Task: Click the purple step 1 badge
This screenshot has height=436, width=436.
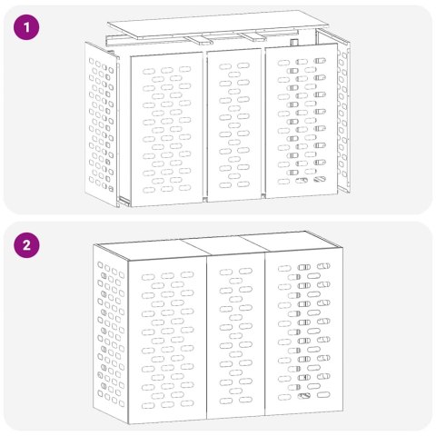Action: point(29,28)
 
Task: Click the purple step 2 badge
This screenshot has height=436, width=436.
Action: point(29,245)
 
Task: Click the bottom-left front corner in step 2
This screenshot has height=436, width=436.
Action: point(131,422)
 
